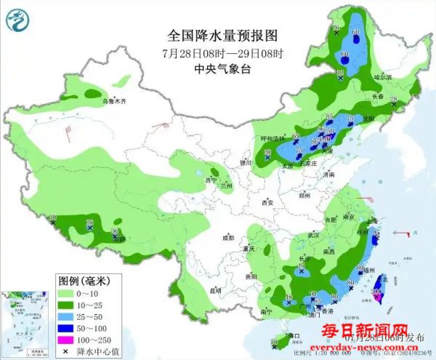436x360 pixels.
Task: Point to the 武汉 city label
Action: [x=313, y=235]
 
